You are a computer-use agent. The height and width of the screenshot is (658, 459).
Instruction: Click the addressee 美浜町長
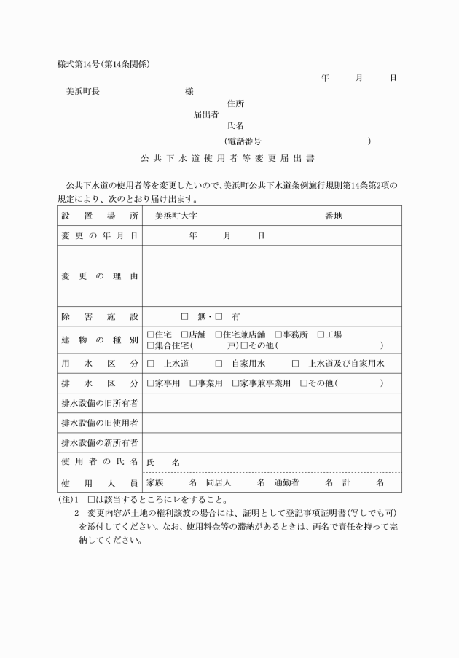point(82,92)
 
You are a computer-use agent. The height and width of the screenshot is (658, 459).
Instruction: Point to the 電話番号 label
point(244,140)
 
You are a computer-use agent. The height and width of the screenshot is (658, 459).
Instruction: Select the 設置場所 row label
point(98,216)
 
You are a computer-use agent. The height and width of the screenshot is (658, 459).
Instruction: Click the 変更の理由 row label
point(98,276)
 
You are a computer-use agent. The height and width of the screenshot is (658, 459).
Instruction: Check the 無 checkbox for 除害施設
point(184,317)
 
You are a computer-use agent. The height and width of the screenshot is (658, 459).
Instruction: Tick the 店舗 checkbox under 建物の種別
point(185,334)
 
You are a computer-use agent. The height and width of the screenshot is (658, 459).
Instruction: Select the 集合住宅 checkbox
point(150,345)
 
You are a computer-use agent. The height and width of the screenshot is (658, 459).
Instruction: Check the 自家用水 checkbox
point(219,363)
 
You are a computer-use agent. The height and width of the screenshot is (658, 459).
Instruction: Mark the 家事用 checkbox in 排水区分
point(150,383)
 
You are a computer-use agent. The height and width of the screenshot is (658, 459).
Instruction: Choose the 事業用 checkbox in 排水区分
point(193,383)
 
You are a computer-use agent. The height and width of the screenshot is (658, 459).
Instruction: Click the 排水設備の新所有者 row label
point(98,442)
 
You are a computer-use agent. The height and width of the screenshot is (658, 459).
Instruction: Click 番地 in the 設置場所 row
point(334,216)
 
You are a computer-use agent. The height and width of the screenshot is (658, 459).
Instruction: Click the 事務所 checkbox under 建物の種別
point(278,334)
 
